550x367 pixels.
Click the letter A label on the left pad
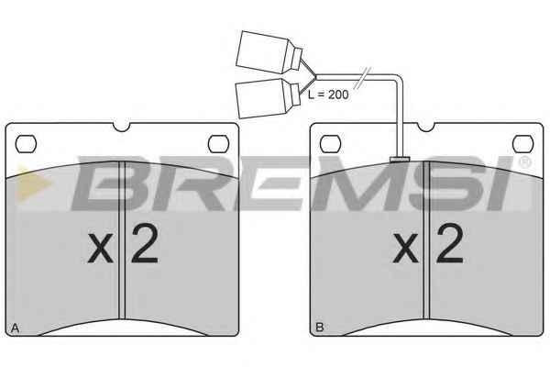(x=15, y=328)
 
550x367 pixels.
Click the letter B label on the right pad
(x=320, y=328)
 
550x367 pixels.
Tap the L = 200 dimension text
(x=328, y=95)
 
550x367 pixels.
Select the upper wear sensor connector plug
(x=269, y=52)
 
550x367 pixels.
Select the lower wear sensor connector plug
(x=269, y=98)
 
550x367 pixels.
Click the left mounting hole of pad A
(x=26, y=144)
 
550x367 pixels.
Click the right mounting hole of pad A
(x=218, y=144)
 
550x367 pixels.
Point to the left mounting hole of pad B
(x=331, y=144)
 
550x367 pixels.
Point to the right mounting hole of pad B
(x=523, y=144)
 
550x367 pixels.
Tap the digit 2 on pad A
(x=145, y=243)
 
